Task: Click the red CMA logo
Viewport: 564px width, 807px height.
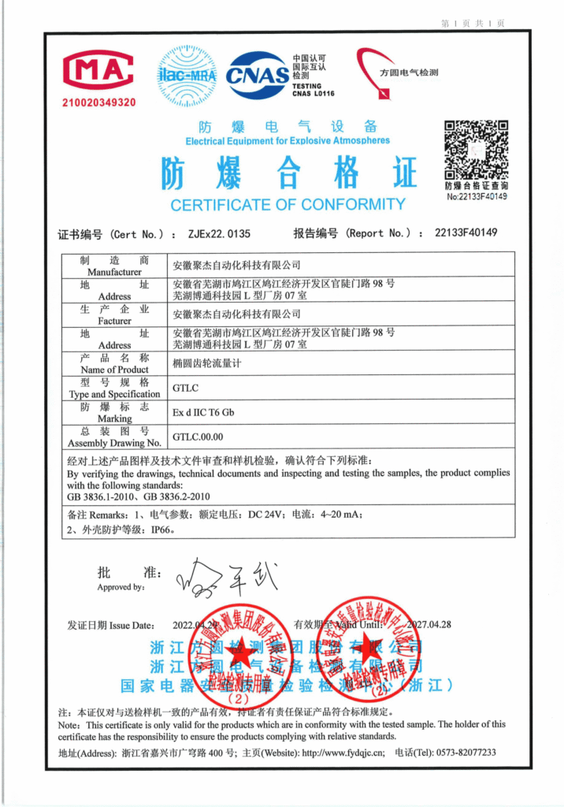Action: coord(98,73)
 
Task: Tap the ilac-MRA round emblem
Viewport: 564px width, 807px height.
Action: coord(187,76)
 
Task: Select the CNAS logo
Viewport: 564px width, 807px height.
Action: coord(257,76)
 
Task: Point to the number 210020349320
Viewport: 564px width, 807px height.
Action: coord(99,102)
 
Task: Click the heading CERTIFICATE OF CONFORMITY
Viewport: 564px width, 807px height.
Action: coord(288,205)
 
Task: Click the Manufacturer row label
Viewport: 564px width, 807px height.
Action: coord(114,266)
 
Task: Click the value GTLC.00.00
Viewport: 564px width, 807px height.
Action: coord(198,437)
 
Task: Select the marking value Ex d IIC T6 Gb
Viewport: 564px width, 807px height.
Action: coord(203,412)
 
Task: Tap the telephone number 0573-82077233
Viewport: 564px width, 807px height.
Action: coord(466,753)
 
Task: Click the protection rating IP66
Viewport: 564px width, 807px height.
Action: coord(161,530)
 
